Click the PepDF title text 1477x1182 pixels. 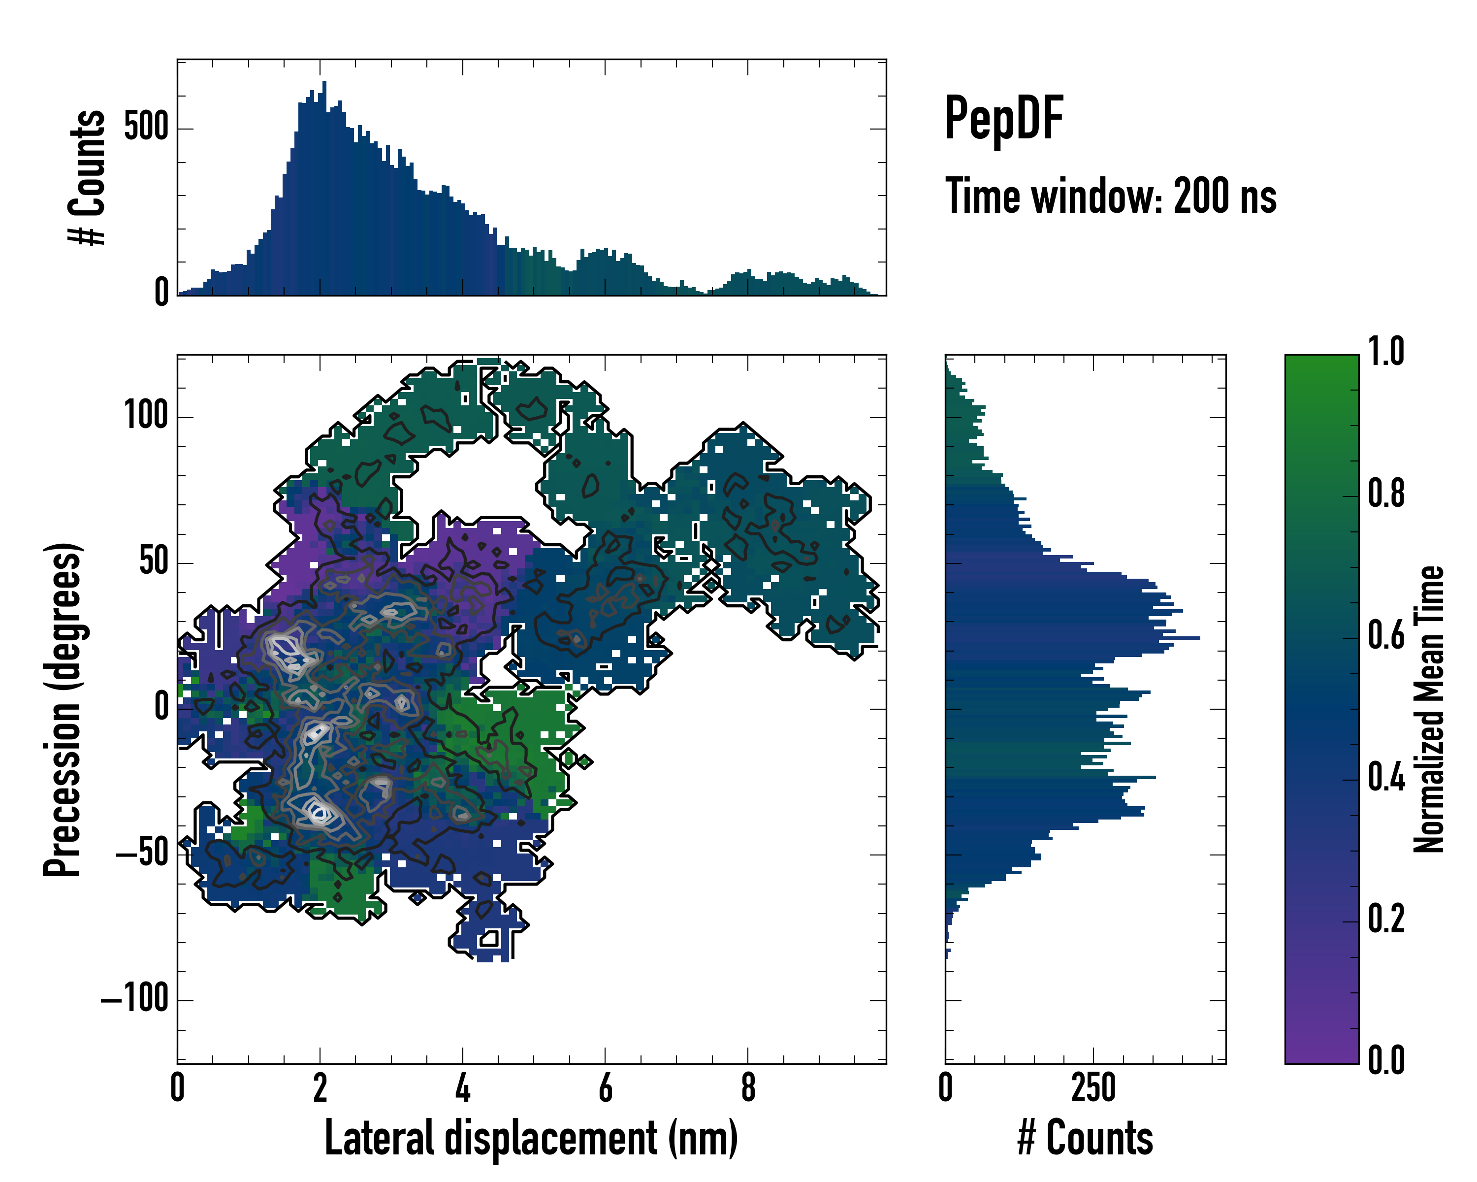pyautogui.click(x=1003, y=119)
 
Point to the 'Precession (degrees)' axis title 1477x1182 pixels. pyautogui.click(x=63, y=709)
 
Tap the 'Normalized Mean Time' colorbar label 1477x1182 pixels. pyautogui.click(x=1429, y=709)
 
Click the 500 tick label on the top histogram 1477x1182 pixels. pyautogui.click(x=146, y=128)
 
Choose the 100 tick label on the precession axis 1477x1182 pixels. pyautogui.click(x=146, y=416)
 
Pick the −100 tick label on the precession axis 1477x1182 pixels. pyautogui.click(x=135, y=999)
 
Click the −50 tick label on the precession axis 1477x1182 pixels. pyautogui.click(x=142, y=854)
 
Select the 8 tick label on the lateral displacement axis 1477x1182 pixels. pyautogui.click(x=748, y=1088)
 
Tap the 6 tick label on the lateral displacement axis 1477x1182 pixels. pyautogui.click(x=605, y=1088)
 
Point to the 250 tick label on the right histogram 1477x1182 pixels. pyautogui.click(x=1093, y=1088)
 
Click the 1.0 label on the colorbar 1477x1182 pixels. pyautogui.click(x=1386, y=352)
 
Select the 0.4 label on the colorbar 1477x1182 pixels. pyautogui.click(x=1386, y=779)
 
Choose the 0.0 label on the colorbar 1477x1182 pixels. pyautogui.click(x=1386, y=1061)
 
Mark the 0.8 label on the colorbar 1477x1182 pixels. pyautogui.click(x=1386, y=494)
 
